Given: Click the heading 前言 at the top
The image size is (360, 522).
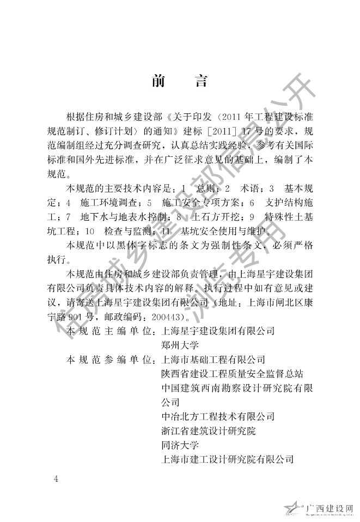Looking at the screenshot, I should (179, 82).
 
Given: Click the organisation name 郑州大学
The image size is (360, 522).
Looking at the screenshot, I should (177, 345).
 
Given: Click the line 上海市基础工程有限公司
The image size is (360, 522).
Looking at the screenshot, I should (210, 360).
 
